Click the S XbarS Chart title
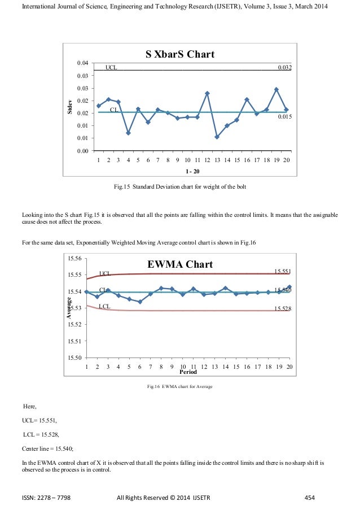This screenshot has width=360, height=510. pyautogui.click(x=180, y=55)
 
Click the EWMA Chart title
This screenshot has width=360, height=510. pyautogui.click(x=180, y=264)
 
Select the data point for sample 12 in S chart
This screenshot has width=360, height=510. pyautogui.click(x=207, y=93)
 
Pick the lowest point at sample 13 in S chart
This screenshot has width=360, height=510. pyautogui.click(x=217, y=137)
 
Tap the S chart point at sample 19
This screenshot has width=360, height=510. pyautogui.click(x=276, y=89)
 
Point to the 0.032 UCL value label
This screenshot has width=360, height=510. pyautogui.click(x=284, y=67)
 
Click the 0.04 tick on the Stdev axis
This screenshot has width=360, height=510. pyautogui.click(x=82, y=63)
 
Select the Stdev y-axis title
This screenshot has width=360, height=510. pyautogui.click(x=70, y=107)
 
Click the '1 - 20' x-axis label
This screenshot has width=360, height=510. pyautogui.click(x=194, y=171)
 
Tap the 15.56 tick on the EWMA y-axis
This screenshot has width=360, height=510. pyautogui.click(x=74, y=258)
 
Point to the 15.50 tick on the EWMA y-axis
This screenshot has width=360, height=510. pyautogui.click(x=74, y=358)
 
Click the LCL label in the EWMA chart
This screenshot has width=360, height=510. pyautogui.click(x=104, y=306)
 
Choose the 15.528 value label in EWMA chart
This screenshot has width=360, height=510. pyautogui.click(x=282, y=308)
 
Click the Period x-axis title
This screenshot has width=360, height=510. pyautogui.click(x=188, y=373)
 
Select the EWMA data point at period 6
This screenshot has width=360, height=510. pyautogui.click(x=140, y=302)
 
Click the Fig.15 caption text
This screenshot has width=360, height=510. pyautogui.click(x=180, y=186)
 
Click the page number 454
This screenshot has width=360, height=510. pyautogui.click(x=309, y=498)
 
